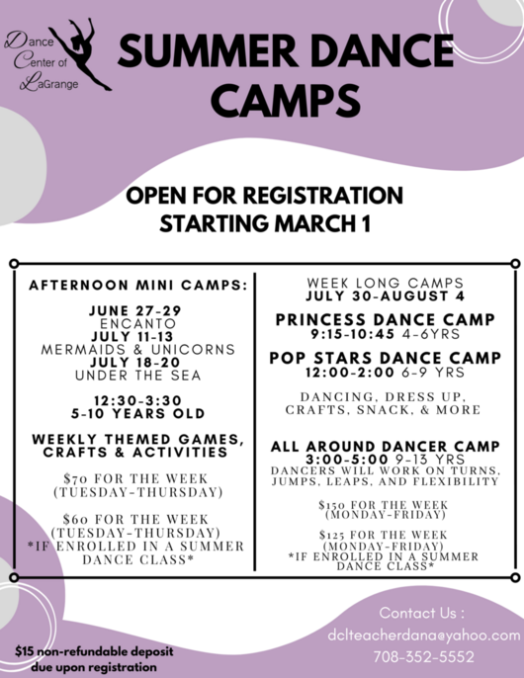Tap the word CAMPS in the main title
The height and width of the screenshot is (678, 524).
[x=286, y=101]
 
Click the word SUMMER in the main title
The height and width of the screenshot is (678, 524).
[x=208, y=50]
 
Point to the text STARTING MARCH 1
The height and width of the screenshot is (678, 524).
[x=265, y=223]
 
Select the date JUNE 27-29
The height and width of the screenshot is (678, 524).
[x=135, y=310]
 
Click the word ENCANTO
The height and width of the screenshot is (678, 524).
[x=138, y=323]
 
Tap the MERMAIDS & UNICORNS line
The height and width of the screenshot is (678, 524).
[x=138, y=350]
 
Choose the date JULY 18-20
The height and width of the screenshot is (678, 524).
[x=135, y=363]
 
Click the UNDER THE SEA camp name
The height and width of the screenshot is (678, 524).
[x=138, y=376]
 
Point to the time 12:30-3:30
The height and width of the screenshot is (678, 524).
[x=138, y=400]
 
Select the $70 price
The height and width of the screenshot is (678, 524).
[x=75, y=478]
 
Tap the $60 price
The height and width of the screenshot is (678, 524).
[x=75, y=519]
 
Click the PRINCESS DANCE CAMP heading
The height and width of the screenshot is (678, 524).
[x=386, y=319]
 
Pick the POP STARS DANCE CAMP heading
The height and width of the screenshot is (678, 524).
[x=386, y=358]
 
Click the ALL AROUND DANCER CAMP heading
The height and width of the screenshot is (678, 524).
[x=386, y=447]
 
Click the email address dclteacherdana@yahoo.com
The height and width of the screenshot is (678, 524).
[x=424, y=636]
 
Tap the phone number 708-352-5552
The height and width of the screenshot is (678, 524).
[x=424, y=657]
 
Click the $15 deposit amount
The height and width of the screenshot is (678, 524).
[x=25, y=651]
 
